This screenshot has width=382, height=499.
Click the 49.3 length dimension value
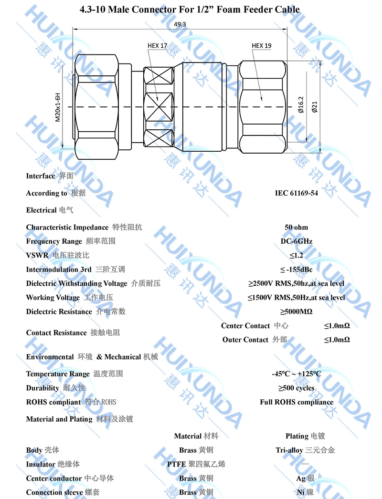(x=180, y=24)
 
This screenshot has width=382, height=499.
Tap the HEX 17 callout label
(x=157, y=46)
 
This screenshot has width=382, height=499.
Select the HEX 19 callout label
(x=261, y=46)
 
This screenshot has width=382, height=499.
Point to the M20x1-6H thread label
(x=58, y=107)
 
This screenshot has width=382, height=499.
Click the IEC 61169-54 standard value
(x=296, y=193)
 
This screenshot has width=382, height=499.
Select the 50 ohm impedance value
(x=296, y=227)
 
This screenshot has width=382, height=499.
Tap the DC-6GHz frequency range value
(x=296, y=241)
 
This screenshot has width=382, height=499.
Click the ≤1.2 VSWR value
(x=296, y=255)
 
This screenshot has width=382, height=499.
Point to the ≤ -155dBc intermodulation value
(x=296, y=270)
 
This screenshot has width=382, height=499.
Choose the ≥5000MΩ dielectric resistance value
(x=296, y=312)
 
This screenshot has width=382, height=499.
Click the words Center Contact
(x=245, y=326)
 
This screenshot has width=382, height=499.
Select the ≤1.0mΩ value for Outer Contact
(x=337, y=340)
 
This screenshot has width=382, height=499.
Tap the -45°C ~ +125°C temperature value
(x=296, y=374)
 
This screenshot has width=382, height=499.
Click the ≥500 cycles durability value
(x=296, y=388)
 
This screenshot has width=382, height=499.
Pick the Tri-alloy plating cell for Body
(x=305, y=450)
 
